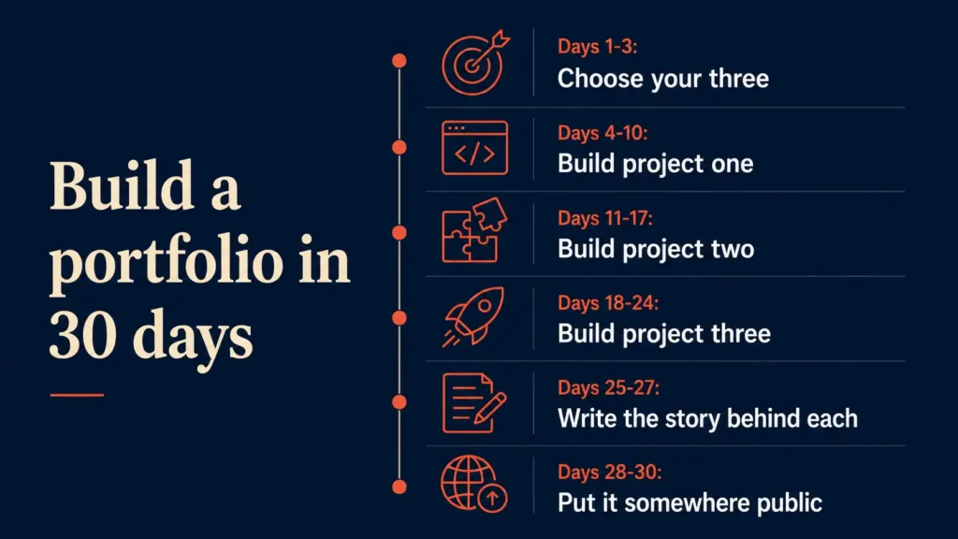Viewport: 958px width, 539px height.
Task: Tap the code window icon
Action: (474, 148)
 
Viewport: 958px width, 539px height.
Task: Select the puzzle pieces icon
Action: (473, 230)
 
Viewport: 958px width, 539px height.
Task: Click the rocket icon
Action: (473, 317)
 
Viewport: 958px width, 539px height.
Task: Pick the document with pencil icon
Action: (473, 402)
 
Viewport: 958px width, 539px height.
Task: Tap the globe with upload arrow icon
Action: (473, 484)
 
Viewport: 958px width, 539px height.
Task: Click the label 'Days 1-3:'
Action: (597, 47)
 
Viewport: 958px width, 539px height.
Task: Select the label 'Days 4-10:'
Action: (602, 133)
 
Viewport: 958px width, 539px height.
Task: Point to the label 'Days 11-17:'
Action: (605, 218)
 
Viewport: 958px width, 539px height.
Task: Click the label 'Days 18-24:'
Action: (608, 302)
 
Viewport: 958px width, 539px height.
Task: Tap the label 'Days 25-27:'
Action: (608, 387)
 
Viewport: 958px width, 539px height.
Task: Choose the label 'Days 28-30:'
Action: (609, 472)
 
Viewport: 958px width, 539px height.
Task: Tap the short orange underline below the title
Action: (77, 396)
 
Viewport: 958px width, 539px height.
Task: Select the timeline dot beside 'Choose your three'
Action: (399, 61)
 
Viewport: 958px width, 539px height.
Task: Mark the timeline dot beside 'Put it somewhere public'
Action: (399, 487)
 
